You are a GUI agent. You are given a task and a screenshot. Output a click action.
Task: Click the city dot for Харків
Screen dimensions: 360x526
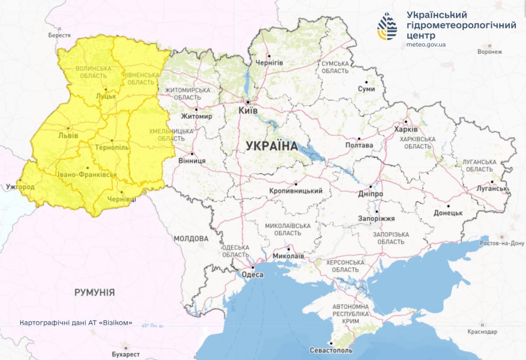[x=406, y=122]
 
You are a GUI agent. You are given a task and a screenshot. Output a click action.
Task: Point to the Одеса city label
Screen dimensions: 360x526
[x=252, y=275]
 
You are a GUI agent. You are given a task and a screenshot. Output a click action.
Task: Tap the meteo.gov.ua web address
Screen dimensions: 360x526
[x=426, y=45]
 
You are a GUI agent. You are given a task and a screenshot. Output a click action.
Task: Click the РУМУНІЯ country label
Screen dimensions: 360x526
[x=95, y=292]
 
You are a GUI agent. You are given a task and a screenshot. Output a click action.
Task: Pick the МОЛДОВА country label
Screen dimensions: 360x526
[x=191, y=239]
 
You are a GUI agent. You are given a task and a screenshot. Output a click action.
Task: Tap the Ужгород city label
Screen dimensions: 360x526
[x=20, y=187]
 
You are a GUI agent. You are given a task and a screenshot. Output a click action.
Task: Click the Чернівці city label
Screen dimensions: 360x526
[x=121, y=199]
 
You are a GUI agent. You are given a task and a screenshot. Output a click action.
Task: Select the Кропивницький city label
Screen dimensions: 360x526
[x=297, y=191]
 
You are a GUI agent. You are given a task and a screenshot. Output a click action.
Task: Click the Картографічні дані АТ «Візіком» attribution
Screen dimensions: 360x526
[x=76, y=323]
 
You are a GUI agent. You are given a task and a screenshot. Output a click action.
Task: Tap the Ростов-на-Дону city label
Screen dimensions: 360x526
[x=502, y=243]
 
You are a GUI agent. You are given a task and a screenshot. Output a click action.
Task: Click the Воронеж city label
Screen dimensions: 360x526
[x=490, y=51]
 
